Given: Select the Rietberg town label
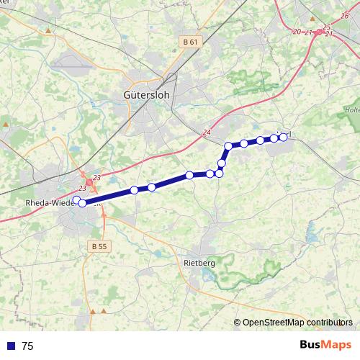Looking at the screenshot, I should coord(199,264).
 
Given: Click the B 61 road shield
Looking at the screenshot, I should coord(190,42).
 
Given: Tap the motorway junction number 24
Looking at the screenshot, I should coord(207,132).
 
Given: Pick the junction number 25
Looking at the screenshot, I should coord(327,27).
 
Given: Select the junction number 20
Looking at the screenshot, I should coord(297,32).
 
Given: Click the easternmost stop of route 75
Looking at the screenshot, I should coord(283,137).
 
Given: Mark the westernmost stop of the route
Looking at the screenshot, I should coord(77,199).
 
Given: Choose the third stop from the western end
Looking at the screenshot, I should coord(134,190).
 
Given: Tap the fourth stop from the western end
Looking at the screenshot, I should coord(152,187).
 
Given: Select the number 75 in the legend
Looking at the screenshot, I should coord(27,346).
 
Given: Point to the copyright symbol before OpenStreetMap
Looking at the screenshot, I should coord(238,323).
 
